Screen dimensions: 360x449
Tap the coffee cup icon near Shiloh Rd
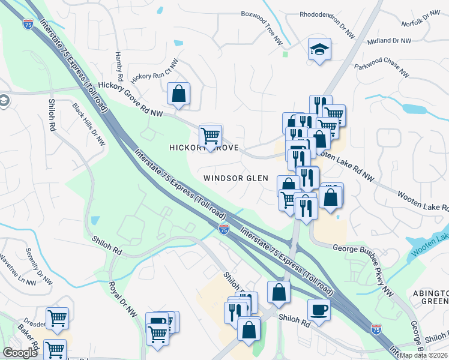tap(319, 310)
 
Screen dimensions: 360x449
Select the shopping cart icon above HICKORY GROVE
tap(210, 136)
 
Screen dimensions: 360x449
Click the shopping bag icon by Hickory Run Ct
tap(178, 94)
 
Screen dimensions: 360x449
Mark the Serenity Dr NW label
tap(40, 266)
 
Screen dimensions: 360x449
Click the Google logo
tap(20, 353)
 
